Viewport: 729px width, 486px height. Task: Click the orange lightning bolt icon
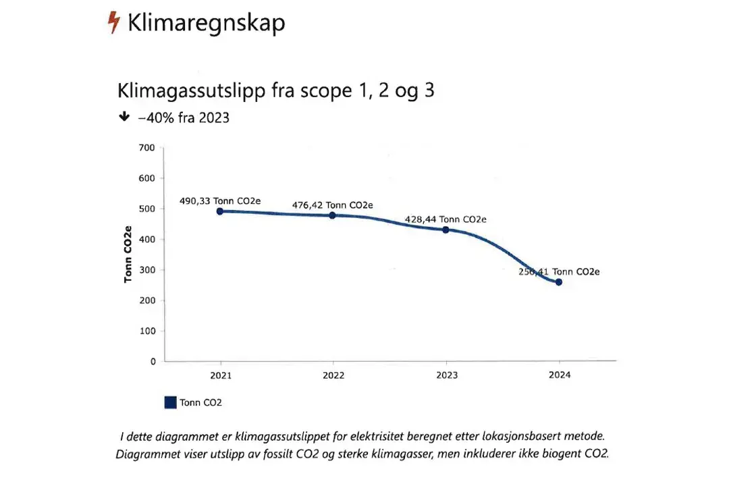tap(114, 23)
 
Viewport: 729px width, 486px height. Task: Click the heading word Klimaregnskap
tap(206, 24)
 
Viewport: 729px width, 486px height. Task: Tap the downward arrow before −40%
tap(124, 117)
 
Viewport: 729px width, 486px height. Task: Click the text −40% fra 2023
tap(184, 117)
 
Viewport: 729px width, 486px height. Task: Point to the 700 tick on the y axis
tap(146, 148)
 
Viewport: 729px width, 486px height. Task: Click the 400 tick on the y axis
tap(146, 239)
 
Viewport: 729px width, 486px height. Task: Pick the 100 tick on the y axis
tap(146, 331)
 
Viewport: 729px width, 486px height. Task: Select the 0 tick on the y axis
tap(152, 361)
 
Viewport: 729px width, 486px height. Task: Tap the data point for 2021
tap(220, 211)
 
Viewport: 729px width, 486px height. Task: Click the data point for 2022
tap(332, 215)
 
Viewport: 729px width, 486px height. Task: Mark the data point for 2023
tap(446, 230)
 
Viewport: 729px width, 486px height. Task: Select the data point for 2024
tap(559, 282)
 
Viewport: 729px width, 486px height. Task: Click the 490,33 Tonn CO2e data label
tap(220, 200)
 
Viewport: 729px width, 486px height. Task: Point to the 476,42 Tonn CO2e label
tap(332, 205)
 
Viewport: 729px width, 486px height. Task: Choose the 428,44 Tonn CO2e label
tap(446, 219)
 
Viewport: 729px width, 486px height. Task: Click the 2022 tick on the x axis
tap(332, 375)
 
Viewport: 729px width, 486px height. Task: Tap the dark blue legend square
tap(171, 402)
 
